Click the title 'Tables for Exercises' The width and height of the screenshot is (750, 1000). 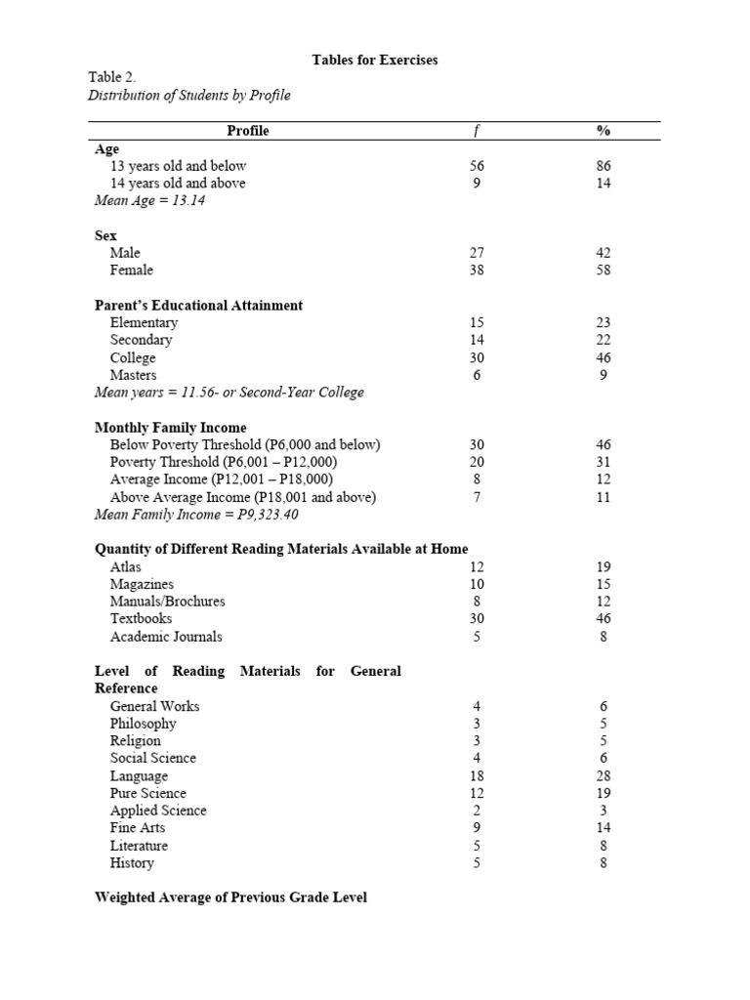(x=375, y=61)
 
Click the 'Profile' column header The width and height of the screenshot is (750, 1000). (x=247, y=131)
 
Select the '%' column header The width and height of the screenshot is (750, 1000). (x=603, y=131)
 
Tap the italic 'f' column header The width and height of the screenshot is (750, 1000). (x=476, y=131)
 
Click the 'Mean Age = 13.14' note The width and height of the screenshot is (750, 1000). (x=149, y=200)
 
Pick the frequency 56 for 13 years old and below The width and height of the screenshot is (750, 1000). (x=477, y=166)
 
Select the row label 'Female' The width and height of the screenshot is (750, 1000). (x=132, y=271)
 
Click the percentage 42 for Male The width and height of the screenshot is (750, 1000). (x=604, y=253)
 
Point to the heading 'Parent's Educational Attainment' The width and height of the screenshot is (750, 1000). (x=198, y=306)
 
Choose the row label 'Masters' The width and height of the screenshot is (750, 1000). (x=133, y=375)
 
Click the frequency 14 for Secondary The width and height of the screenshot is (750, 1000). (x=477, y=340)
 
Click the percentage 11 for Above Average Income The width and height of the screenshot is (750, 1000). (x=604, y=497)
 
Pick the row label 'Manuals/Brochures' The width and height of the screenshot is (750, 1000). (x=167, y=602)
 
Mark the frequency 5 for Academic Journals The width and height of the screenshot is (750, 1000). (x=477, y=637)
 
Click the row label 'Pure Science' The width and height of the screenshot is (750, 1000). (x=147, y=793)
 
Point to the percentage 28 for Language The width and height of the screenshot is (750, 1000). (x=604, y=775)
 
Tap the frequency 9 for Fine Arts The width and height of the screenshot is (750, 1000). (x=477, y=828)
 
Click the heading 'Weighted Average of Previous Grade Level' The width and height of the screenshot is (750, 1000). (x=230, y=897)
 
